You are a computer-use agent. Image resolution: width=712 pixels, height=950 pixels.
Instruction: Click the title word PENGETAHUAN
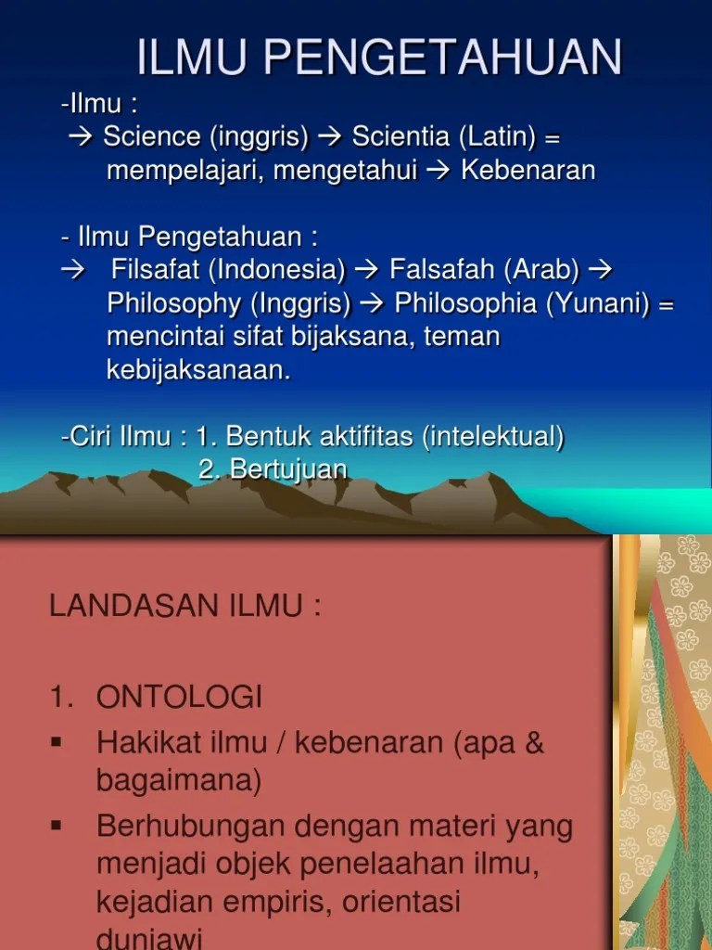(443, 58)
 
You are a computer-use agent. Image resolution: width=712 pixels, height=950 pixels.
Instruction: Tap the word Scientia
(402, 137)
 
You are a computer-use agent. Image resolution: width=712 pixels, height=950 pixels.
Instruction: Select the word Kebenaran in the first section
(528, 171)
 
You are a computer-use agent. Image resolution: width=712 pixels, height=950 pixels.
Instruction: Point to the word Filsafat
(156, 270)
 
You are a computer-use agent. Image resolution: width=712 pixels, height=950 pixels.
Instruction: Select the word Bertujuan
(288, 469)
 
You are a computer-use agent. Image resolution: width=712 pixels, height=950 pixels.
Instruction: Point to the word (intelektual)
(492, 436)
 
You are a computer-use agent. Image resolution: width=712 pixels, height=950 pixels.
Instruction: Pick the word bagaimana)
(179, 780)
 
